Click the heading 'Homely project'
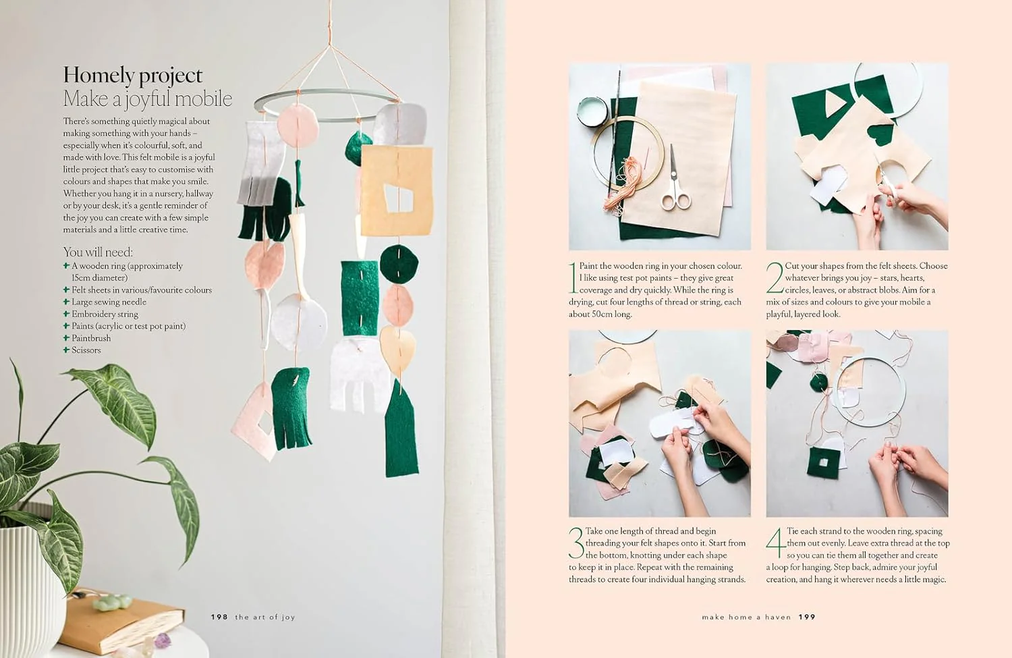tap(133, 76)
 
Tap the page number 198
tap(219, 617)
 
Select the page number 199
tap(807, 617)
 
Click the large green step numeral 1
tap(573, 277)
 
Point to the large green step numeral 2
tap(775, 277)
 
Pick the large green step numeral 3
tap(576, 543)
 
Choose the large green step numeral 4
tap(776, 543)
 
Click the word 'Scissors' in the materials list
tap(86, 350)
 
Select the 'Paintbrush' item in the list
tap(91, 338)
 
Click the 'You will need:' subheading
tap(98, 252)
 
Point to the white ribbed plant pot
tap(32, 588)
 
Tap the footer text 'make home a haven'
tap(746, 617)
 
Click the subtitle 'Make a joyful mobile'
tap(148, 99)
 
